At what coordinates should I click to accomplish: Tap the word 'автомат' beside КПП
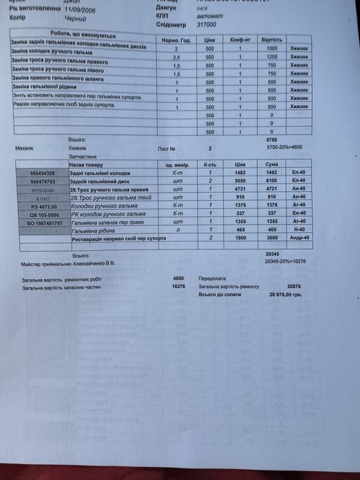coord(206,14)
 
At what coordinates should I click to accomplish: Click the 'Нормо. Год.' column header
coord(176,40)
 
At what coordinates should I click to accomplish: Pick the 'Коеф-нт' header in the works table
coord(241,40)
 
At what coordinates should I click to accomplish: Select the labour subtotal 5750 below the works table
coord(272,140)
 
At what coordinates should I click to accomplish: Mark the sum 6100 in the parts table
coord(272,182)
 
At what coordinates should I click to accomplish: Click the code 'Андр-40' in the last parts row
coord(300,237)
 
